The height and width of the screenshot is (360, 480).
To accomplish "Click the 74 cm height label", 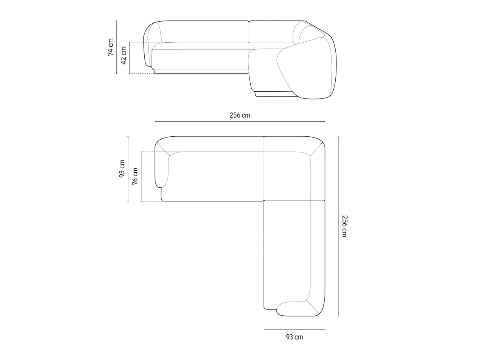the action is coord(111,47).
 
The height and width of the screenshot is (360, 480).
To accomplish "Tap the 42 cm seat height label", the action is coord(123,55).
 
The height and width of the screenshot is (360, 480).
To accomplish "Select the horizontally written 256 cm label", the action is coord(240,115).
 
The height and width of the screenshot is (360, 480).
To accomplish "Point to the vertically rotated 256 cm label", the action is coord(344,226).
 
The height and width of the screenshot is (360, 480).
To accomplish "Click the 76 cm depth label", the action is coord(135,176).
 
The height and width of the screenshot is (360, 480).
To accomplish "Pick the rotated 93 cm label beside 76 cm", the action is coord(122,168).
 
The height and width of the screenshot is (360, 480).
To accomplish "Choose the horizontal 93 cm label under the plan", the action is coord(294,337).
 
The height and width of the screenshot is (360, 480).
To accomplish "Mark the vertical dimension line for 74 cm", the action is coord(117,47).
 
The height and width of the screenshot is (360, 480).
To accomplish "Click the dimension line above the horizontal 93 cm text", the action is coord(294,330).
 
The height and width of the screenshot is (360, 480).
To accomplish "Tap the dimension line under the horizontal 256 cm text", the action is coord(240,122).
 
